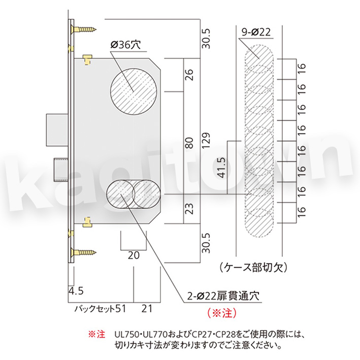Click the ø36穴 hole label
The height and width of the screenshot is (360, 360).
[x=125, y=45]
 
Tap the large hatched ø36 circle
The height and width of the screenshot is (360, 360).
[x=134, y=91]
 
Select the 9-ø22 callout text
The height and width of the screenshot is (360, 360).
[x=256, y=32]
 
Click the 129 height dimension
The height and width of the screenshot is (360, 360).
[x=206, y=140]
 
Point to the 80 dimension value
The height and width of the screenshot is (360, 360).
[x=189, y=143]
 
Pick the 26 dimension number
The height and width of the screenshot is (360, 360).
[x=189, y=75]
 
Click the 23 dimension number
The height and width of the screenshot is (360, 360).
[x=189, y=209]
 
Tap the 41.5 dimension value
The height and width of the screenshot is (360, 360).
[x=222, y=168]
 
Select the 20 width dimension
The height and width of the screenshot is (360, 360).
[x=134, y=255]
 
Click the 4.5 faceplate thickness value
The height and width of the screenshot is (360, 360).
[x=76, y=291]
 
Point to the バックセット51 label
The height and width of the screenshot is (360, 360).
[x=101, y=309]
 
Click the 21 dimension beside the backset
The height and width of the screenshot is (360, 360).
[x=147, y=309]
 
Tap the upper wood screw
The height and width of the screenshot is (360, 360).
[x=83, y=29]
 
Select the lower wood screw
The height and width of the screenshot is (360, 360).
[x=83, y=252]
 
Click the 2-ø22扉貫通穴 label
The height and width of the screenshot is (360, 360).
[x=223, y=296]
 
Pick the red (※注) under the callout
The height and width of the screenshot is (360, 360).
[x=222, y=313]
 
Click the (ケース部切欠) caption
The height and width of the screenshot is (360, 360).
[x=253, y=268]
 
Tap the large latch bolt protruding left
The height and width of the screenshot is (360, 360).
[x=57, y=129]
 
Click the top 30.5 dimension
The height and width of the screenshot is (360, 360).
[x=206, y=39]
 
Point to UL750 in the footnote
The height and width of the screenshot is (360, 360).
[x=127, y=334]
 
